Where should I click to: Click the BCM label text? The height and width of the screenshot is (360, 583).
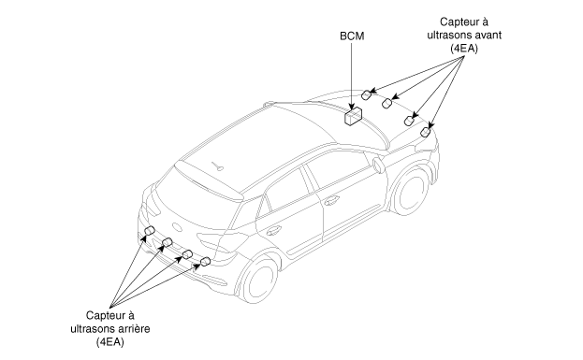352,36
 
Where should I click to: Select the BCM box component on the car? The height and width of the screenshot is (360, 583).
353,116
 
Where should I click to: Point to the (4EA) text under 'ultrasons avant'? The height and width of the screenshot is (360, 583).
463,49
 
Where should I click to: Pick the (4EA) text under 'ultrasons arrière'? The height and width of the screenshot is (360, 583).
110,342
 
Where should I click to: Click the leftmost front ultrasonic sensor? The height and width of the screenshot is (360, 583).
367,94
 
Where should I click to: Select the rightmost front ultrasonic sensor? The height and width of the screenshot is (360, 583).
426,132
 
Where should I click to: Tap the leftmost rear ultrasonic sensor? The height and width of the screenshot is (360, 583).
150,230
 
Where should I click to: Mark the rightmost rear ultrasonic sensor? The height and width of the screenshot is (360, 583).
205,262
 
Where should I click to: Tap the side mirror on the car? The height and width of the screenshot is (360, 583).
378,165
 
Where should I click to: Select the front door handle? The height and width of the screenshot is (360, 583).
331,201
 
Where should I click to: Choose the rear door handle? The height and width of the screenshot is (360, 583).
273,231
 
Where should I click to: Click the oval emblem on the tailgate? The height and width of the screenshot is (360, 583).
178,227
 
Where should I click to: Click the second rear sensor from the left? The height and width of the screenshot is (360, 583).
168,242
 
